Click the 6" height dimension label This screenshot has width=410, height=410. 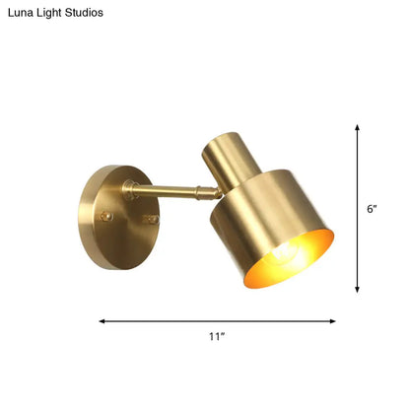372,208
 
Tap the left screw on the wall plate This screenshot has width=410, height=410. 107,217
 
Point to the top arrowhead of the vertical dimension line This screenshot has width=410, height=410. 356,126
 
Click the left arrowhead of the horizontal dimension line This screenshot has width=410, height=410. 102,319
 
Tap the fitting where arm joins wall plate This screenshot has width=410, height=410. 129,187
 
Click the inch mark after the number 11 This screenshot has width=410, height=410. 223,335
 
